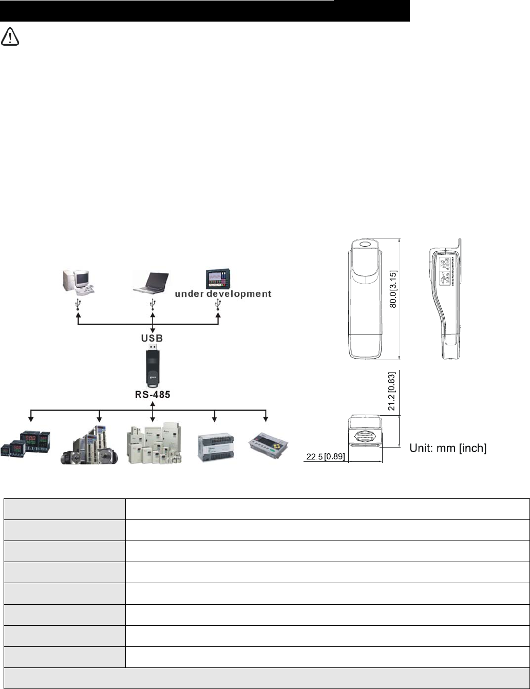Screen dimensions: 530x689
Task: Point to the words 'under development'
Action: click(x=223, y=294)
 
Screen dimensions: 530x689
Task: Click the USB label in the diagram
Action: click(x=152, y=339)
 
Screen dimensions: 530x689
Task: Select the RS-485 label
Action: click(x=152, y=396)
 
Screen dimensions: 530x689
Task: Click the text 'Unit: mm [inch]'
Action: click(x=447, y=449)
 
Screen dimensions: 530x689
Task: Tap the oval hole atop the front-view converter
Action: click(x=365, y=246)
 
